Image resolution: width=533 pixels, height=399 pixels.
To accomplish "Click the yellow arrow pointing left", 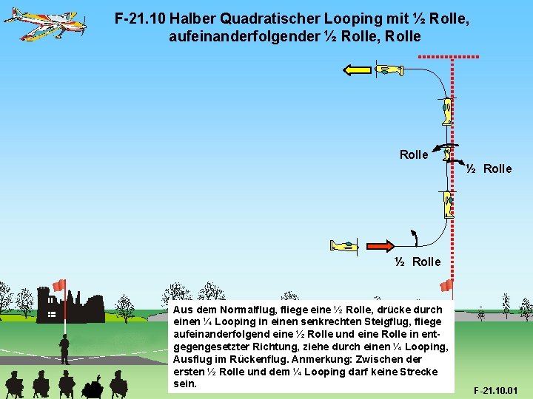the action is [356, 70].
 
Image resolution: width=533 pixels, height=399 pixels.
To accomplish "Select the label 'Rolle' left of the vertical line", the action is [413, 154].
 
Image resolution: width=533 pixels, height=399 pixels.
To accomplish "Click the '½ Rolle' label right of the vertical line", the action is [489, 168].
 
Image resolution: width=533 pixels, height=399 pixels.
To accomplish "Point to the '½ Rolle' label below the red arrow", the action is [418, 262].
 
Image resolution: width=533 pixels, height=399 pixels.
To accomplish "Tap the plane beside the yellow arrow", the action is [388, 70].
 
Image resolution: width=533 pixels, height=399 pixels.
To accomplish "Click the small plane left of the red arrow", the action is [344, 245].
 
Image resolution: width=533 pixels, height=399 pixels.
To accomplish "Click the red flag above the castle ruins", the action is [59, 285].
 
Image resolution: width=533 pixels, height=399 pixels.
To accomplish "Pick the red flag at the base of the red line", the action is [446, 286].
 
